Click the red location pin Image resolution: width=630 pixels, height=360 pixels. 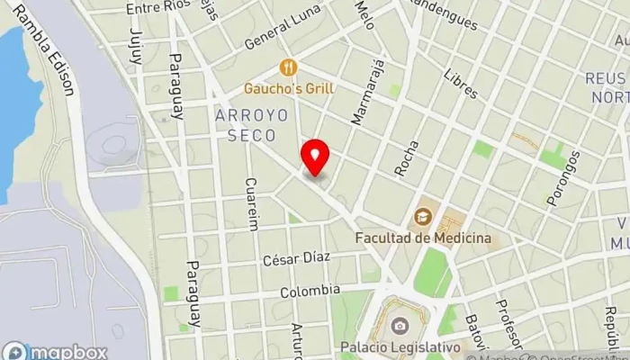[x=315, y=157]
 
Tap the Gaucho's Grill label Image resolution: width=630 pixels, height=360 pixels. [x=289, y=88]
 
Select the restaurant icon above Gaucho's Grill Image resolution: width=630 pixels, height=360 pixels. [x=289, y=67]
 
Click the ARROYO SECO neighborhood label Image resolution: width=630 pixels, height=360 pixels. [x=252, y=124]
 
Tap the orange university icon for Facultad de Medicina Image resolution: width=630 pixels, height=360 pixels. [x=421, y=217]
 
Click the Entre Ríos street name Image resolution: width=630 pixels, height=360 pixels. [x=159, y=7]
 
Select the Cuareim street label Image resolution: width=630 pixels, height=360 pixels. [x=252, y=203]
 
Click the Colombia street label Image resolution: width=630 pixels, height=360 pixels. [x=310, y=291]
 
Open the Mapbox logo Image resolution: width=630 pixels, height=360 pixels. [x=56, y=351]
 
